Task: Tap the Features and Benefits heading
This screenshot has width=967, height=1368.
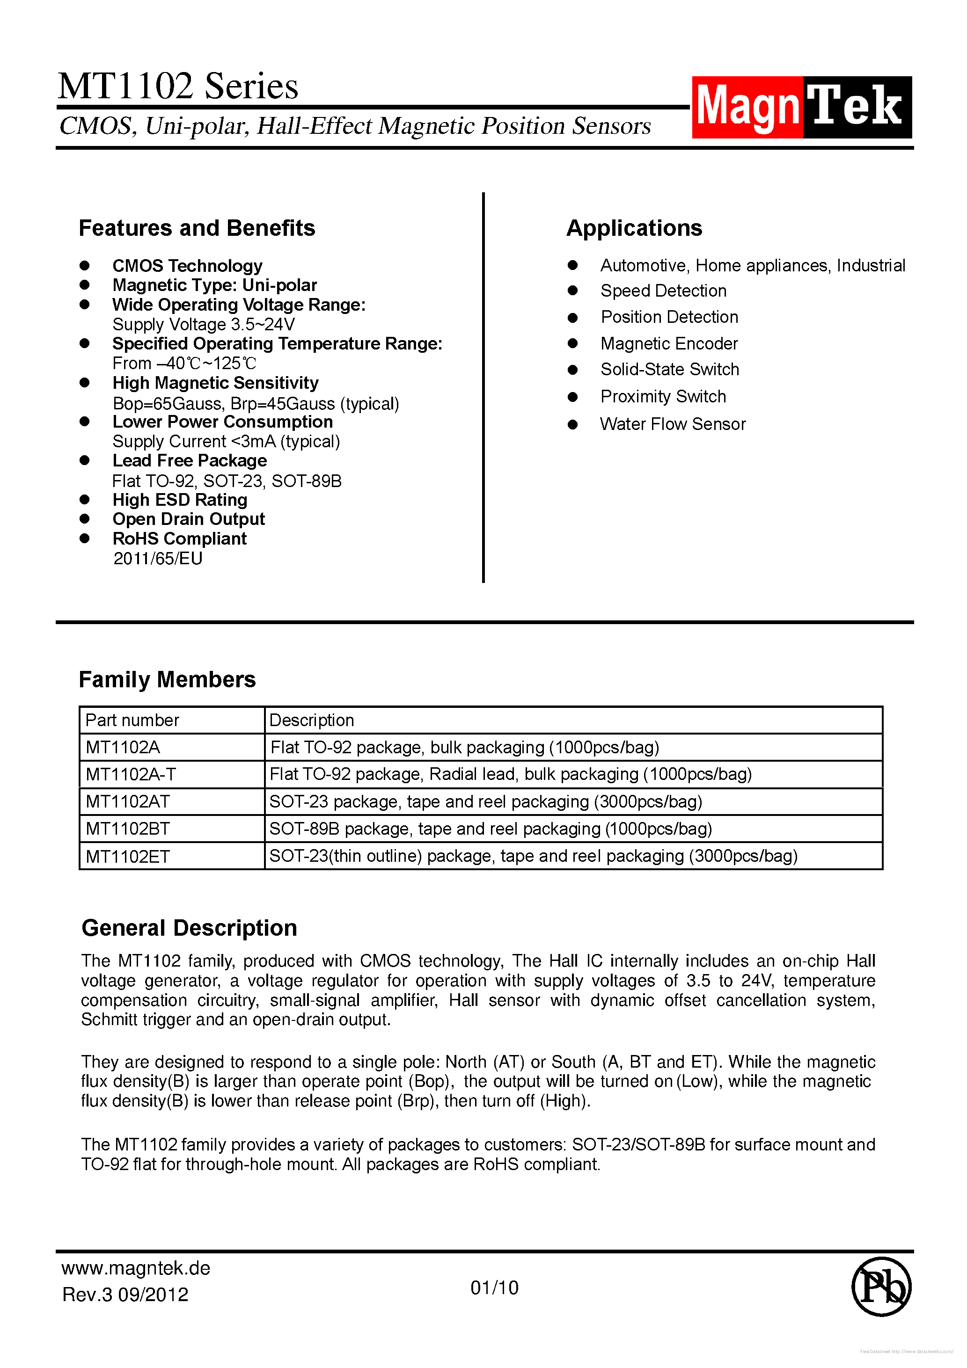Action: tap(197, 228)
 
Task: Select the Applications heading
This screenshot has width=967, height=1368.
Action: tap(634, 228)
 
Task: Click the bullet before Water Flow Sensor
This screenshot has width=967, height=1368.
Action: tap(572, 424)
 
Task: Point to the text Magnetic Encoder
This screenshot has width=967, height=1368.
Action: tap(668, 344)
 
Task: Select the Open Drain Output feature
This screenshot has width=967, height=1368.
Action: tap(189, 519)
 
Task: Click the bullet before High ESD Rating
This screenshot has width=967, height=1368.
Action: tap(85, 499)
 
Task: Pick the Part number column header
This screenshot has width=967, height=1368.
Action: tap(132, 720)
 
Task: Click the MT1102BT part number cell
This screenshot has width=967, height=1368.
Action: tap(128, 829)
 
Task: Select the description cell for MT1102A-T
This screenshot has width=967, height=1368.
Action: tap(510, 774)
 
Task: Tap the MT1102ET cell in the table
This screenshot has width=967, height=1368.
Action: tap(128, 856)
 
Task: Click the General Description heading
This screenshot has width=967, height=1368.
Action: tap(189, 928)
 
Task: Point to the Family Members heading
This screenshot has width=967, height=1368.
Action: tap(167, 679)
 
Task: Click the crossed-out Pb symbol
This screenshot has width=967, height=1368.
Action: tap(881, 1287)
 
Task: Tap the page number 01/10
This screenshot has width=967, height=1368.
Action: tap(494, 1288)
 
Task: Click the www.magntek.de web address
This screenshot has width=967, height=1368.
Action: tap(136, 1268)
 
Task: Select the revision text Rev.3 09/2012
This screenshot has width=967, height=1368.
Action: tap(125, 1295)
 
